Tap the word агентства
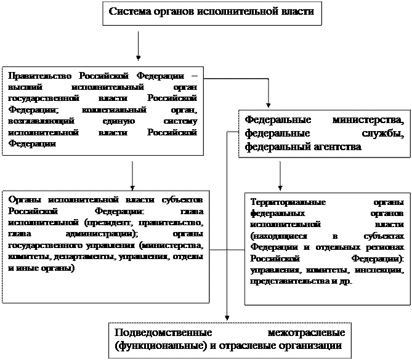point(336,148)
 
